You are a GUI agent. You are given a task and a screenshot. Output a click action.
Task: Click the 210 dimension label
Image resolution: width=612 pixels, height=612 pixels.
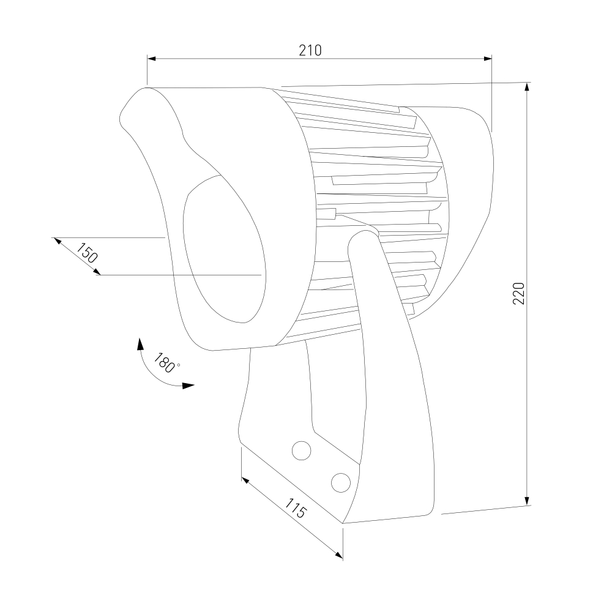tap(310, 50)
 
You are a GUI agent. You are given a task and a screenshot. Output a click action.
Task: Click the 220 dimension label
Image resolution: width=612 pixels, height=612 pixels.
tap(519, 293)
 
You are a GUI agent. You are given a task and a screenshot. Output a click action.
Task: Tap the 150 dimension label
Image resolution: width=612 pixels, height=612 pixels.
tap(87, 253)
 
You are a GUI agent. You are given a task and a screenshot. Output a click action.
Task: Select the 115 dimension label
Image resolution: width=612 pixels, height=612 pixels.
tap(296, 508)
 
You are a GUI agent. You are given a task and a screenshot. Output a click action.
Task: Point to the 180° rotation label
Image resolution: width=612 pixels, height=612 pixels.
tap(164, 363)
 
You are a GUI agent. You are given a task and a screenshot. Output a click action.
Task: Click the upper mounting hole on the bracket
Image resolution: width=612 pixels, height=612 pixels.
tap(301, 450)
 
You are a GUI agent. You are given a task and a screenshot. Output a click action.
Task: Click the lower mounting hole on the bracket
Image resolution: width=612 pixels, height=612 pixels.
tap(341, 483)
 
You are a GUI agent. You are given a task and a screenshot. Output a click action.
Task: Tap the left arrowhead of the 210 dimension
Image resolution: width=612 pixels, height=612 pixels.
tap(151, 59)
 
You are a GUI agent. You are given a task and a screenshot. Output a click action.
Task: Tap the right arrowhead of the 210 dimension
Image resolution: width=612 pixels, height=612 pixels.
tap(488, 59)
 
